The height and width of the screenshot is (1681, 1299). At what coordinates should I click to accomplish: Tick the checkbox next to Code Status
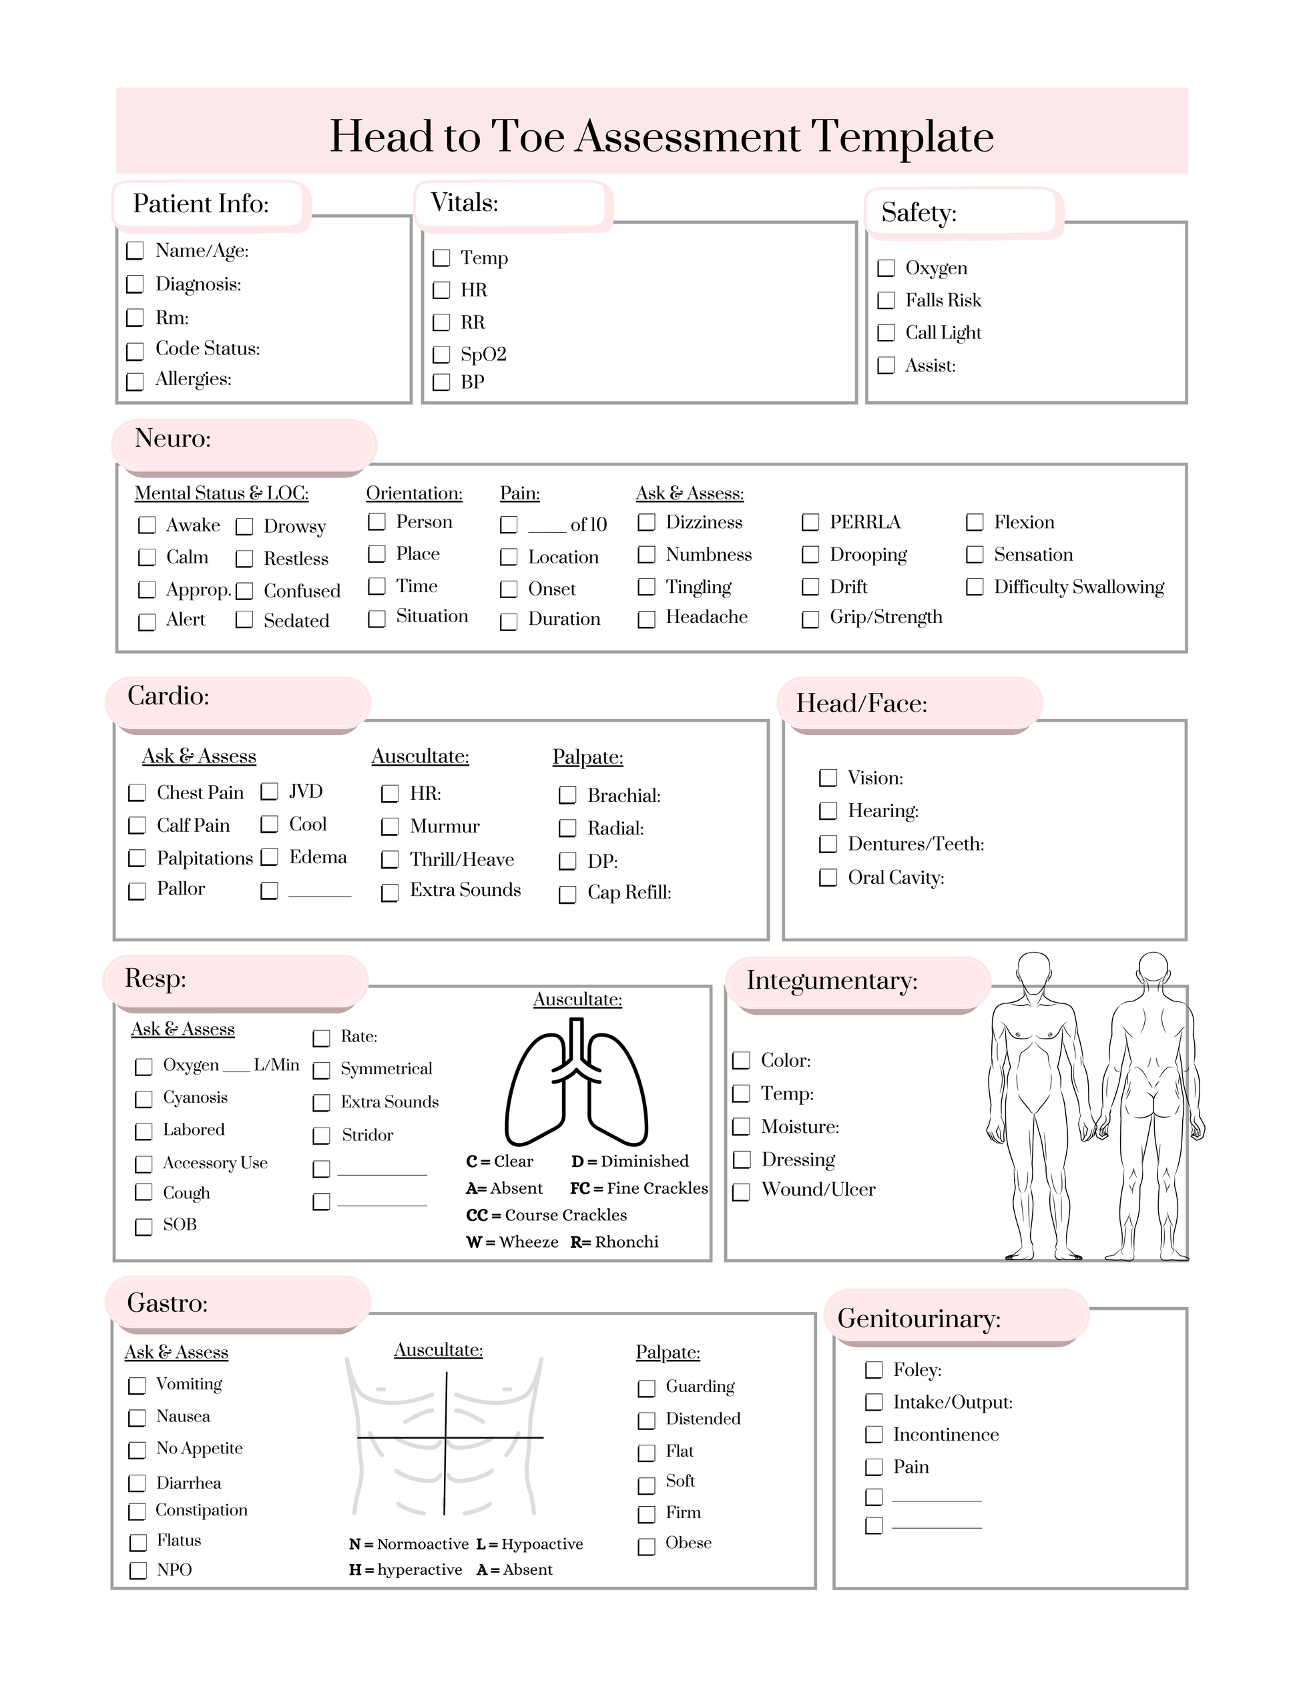135,351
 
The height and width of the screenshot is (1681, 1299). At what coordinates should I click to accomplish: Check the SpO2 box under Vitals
441,355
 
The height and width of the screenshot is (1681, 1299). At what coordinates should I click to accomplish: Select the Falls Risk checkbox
886,300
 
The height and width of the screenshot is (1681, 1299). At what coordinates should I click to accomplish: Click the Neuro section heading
173,439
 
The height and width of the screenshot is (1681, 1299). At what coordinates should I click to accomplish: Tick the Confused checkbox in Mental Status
245,591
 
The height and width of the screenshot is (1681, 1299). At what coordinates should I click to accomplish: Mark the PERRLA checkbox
810,523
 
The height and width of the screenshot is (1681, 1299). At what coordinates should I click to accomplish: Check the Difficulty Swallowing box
975,587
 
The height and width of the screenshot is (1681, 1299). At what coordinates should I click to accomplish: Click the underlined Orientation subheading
414,493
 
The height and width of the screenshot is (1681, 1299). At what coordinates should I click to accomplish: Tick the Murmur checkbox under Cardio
390,826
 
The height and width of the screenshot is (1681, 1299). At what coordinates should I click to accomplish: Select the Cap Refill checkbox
567,895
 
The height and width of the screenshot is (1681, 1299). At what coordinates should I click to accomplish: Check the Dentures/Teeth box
828,845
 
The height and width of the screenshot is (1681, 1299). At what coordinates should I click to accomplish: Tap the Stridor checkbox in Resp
321,1136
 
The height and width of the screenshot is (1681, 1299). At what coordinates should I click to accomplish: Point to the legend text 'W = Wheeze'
512,1242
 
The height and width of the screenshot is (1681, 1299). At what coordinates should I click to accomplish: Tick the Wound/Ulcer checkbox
741,1192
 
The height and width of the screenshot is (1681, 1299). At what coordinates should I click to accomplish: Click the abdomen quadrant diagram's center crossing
445,1437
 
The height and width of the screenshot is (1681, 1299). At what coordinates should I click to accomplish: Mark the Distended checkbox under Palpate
646,1419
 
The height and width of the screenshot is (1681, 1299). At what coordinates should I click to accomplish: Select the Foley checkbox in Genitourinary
873,1370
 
